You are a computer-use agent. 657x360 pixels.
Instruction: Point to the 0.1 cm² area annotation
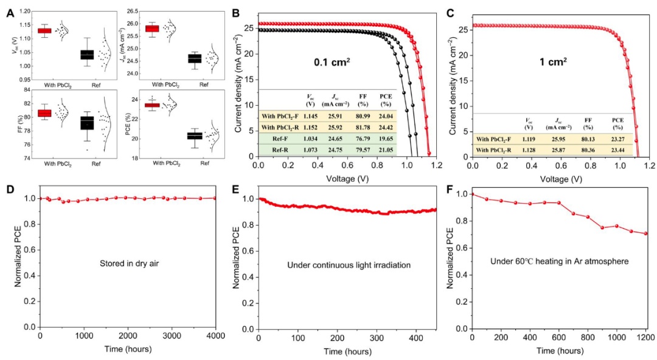pos(331,61)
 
